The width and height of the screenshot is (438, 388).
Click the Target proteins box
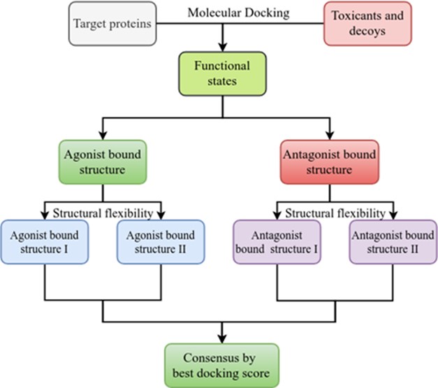(112, 24)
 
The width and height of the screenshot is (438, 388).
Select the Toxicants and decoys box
(367, 24)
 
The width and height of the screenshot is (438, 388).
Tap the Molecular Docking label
(238, 13)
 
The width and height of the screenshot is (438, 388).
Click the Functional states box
(222, 73)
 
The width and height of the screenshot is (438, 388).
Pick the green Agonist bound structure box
(103, 162)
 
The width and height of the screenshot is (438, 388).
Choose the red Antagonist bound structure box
(330, 162)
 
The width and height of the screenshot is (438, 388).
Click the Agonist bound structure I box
(45, 242)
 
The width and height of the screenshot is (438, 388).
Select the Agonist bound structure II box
(161, 242)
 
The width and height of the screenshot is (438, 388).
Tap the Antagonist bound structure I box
(277, 242)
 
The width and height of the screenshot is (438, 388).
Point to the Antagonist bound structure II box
(393, 242)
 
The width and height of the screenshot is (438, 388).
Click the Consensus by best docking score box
(221, 366)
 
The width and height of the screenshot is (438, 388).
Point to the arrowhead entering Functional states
(222, 48)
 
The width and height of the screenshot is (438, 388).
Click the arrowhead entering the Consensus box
(221, 339)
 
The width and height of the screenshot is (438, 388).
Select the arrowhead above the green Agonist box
(103, 136)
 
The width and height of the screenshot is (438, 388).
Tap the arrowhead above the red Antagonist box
(330, 136)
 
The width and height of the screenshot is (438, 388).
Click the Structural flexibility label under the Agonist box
(103, 213)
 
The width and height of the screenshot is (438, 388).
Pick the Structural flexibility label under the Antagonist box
(335, 213)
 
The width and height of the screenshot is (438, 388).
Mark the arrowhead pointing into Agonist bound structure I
(45, 215)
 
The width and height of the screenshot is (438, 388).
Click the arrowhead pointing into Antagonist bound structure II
(393, 215)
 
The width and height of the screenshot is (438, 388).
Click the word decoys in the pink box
(367, 31)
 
